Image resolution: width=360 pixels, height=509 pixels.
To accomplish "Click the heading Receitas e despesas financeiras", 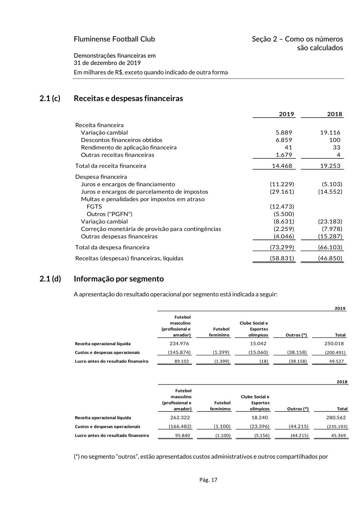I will coord(128,99).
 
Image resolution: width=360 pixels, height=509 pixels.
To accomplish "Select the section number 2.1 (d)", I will coord(50,279).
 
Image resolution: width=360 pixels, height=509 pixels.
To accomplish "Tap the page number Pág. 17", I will coord(208,480).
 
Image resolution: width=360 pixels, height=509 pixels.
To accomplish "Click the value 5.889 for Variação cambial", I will coord(283,132).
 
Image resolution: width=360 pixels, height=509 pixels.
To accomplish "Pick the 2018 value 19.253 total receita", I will coord(330,166).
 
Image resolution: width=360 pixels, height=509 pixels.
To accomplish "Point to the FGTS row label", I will coord(94,206).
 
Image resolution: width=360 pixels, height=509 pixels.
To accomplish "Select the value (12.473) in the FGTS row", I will coord(282,206).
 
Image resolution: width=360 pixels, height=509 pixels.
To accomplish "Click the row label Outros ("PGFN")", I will coord(110,214).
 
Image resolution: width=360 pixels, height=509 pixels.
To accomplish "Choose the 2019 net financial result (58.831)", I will coord(282,258).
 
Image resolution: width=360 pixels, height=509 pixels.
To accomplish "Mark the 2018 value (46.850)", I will coord(330,258).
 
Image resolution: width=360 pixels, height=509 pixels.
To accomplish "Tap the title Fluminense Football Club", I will coord(114,39).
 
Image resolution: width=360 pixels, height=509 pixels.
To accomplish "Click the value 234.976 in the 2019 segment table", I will coord(180,343).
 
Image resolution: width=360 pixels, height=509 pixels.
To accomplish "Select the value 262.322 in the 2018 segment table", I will coord(180,417).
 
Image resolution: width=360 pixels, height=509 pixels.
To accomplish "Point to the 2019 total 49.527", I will coord(336,361).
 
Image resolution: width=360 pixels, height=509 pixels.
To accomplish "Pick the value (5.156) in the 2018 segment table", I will coord(262,436).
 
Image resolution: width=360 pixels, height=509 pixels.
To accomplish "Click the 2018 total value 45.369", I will coord(338,436).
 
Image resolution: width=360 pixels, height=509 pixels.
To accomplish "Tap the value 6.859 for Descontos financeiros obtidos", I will coord(283,140).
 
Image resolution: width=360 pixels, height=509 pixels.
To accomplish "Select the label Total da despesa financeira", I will coord(112,247).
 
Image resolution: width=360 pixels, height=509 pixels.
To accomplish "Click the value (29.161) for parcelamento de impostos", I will coord(282,192).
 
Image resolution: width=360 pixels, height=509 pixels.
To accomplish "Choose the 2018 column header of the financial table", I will coord(335,114).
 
